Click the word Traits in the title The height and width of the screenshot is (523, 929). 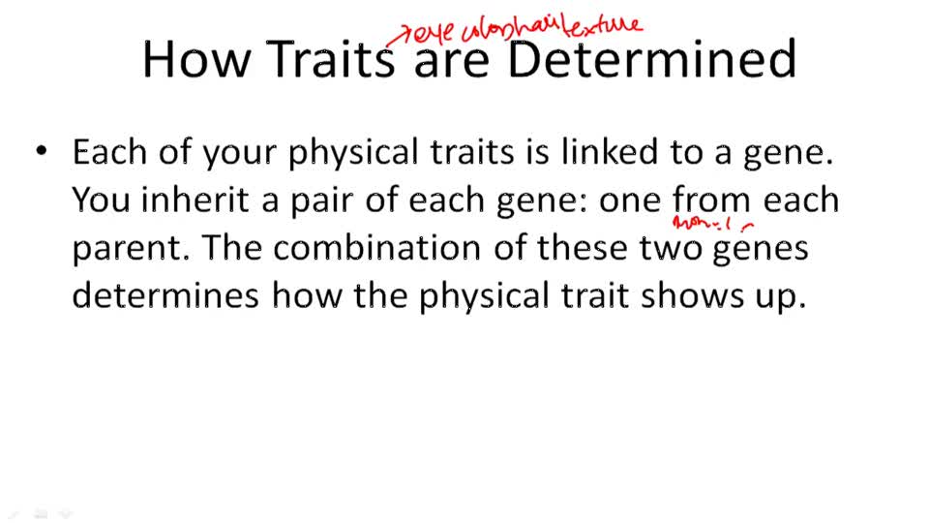tap(330, 60)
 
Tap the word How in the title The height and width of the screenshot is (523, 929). tap(197, 60)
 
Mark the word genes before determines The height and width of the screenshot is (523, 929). tap(760, 250)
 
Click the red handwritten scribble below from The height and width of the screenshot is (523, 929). tap(712, 226)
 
